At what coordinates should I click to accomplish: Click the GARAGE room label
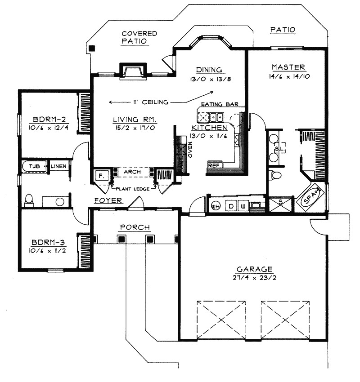pyautogui.click(x=254, y=269)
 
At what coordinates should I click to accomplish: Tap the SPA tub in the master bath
pyautogui.click(x=310, y=198)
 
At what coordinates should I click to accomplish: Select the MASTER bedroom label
pyautogui.click(x=288, y=67)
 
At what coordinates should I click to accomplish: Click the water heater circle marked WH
pyautogui.click(x=215, y=206)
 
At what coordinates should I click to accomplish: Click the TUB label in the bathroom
pyautogui.click(x=34, y=166)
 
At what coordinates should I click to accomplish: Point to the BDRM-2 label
pyautogui.click(x=49, y=120)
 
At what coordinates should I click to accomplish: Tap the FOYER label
pyautogui.click(x=108, y=200)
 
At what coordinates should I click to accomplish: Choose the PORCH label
pyautogui.click(x=135, y=227)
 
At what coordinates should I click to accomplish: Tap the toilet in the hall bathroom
pyautogui.click(x=29, y=200)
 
